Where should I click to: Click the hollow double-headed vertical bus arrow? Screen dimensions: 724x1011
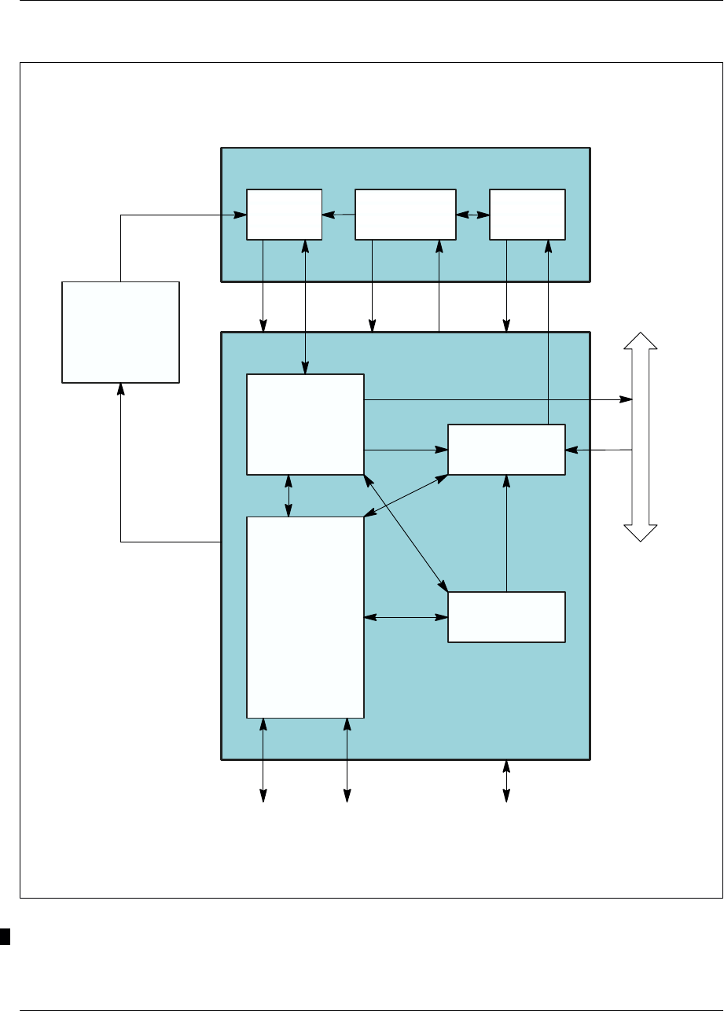pos(640,436)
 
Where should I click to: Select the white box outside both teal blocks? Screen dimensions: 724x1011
pos(120,332)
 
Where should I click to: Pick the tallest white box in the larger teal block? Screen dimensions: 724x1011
pos(305,617)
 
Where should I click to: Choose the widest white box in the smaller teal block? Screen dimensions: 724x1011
pos(405,214)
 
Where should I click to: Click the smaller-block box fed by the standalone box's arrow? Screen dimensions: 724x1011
pos(284,214)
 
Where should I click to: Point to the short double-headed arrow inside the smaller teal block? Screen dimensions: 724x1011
pos(472,214)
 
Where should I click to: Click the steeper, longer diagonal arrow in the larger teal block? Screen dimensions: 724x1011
pos(406,531)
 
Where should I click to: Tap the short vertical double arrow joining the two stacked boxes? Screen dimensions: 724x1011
pos(289,495)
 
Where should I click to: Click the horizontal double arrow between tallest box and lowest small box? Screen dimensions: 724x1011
pos(406,617)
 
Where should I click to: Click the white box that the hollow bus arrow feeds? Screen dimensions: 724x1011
pos(506,450)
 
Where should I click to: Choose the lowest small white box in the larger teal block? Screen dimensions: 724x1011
pos(506,617)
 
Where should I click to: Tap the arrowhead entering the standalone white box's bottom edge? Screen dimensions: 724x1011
pos(120,388)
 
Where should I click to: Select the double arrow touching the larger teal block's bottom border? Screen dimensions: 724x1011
pos(506,780)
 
